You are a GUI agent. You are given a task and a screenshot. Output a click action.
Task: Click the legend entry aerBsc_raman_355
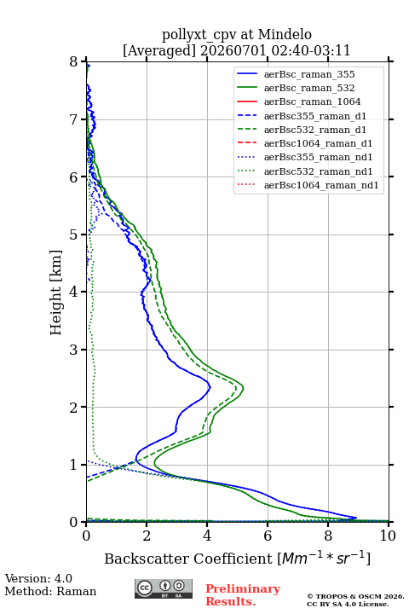click(309, 74)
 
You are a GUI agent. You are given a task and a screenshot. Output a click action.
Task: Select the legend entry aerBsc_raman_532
click(309, 88)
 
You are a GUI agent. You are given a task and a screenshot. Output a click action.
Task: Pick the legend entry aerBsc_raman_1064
click(313, 101)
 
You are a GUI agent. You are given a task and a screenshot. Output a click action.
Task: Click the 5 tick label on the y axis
click(74, 235)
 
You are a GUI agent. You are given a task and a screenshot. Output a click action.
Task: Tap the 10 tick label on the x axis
click(388, 536)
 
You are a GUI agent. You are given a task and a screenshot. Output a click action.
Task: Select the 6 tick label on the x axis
click(268, 536)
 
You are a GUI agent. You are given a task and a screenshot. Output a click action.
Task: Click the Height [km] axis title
click(56, 293)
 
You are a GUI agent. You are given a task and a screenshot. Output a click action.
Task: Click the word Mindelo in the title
click(285, 35)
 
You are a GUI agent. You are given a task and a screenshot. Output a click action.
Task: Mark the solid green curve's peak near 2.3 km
click(244, 388)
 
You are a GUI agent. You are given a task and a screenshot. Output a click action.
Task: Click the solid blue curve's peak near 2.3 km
click(210, 387)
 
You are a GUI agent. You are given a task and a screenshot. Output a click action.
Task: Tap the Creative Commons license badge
click(164, 588)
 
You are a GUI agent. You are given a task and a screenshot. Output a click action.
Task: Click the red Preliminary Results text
click(243, 595)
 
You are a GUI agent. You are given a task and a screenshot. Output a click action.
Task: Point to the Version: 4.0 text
click(38, 578)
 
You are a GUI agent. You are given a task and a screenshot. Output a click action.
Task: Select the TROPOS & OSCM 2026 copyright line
click(355, 596)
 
